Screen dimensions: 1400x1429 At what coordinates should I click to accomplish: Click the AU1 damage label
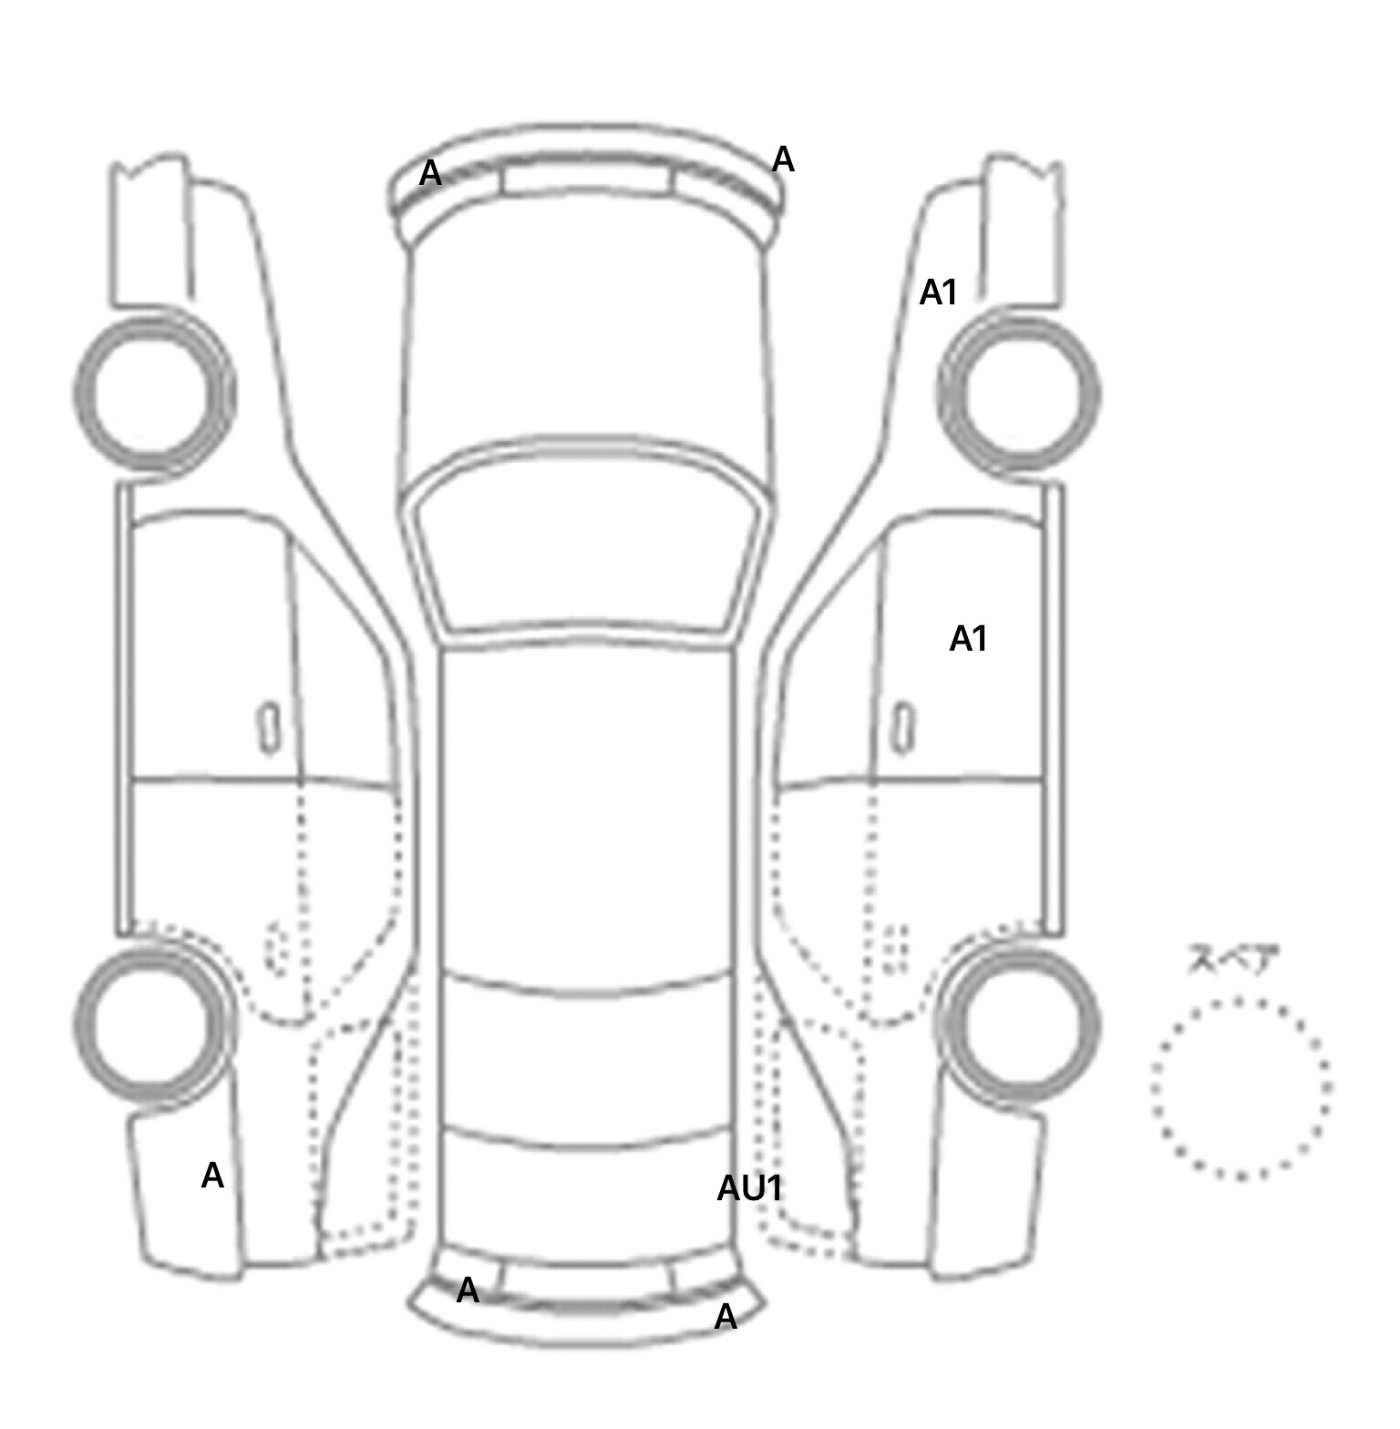pyautogui.click(x=749, y=1188)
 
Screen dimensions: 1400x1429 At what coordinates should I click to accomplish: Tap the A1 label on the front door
pyautogui.click(x=968, y=639)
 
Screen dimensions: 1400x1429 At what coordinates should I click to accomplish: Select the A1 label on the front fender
pyautogui.click(x=938, y=293)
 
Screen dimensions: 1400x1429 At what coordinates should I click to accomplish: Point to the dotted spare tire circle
pyautogui.click(x=1240, y=1000)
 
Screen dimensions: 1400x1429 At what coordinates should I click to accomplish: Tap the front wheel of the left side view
pyautogui.click(x=154, y=394)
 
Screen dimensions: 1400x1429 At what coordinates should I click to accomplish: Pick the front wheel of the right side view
pyautogui.click(x=1018, y=395)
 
